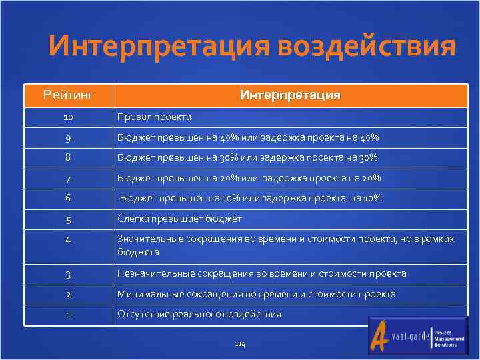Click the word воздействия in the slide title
click(x=367, y=47)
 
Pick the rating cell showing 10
click(x=68, y=117)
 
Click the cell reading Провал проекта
click(x=154, y=117)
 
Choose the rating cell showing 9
click(x=68, y=137)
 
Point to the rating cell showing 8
click(x=68, y=157)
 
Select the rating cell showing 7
click(x=68, y=178)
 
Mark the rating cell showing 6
click(x=68, y=198)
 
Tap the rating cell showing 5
click(x=68, y=219)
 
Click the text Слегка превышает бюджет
click(x=179, y=219)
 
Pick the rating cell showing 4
click(x=68, y=240)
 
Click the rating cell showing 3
click(x=68, y=273)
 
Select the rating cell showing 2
click(x=68, y=294)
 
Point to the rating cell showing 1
click(x=68, y=314)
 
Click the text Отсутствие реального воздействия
click(x=199, y=314)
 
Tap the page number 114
click(x=240, y=343)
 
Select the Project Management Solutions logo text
click(x=448, y=337)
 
